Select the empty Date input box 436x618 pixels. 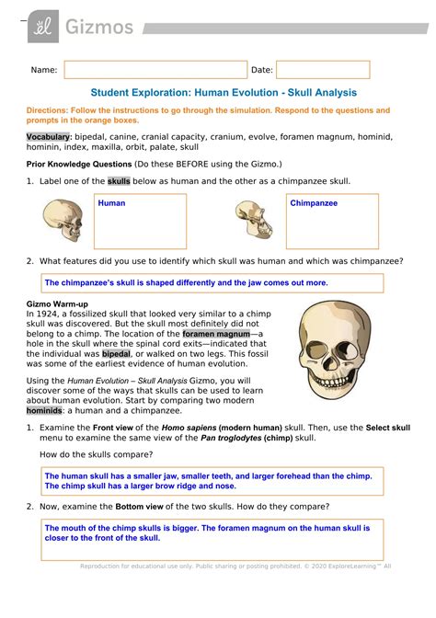click(323, 70)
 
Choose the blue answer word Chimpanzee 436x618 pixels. click(314, 202)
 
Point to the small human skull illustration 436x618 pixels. click(63, 222)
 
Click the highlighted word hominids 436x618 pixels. click(45, 412)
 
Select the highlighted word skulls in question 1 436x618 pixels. click(120, 182)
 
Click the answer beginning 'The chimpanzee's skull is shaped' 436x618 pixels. click(187, 283)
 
